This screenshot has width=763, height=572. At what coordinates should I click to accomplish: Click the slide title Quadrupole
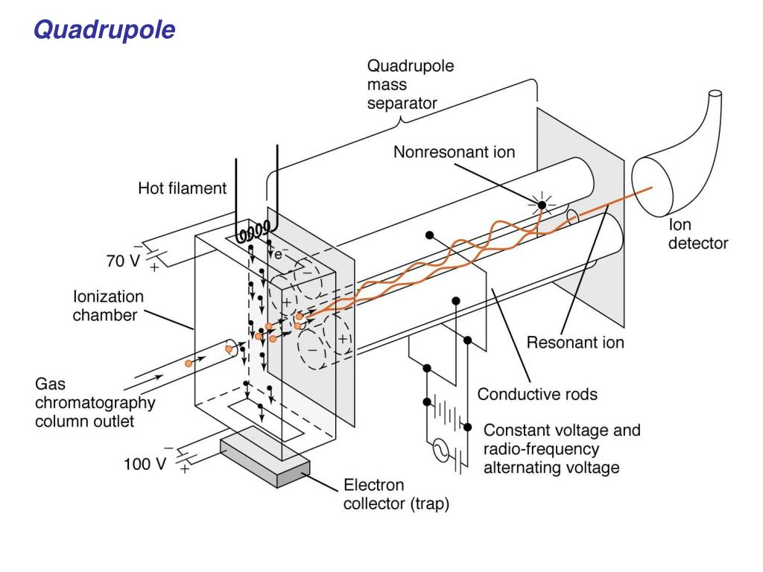pos(105,31)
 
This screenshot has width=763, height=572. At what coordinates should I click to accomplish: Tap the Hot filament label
pos(182,189)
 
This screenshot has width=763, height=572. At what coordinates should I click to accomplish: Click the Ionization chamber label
pos(108,305)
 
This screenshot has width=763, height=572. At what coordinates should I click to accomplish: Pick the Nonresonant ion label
pos(454,153)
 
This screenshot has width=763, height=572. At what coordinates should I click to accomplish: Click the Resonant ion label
pos(575,343)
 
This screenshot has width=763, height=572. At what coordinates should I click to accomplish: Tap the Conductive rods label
pos(537,394)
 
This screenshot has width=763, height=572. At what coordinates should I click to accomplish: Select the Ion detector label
pos(697,233)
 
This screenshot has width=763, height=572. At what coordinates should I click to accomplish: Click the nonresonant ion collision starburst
pos(542,204)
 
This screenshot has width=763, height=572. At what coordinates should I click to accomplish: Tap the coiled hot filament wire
pos(253,232)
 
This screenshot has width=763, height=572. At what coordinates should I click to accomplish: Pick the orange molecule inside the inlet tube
pos(189,363)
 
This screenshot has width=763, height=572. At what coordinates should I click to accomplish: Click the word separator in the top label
pos(402,104)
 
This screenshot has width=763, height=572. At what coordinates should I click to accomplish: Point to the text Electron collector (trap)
pos(396,495)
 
